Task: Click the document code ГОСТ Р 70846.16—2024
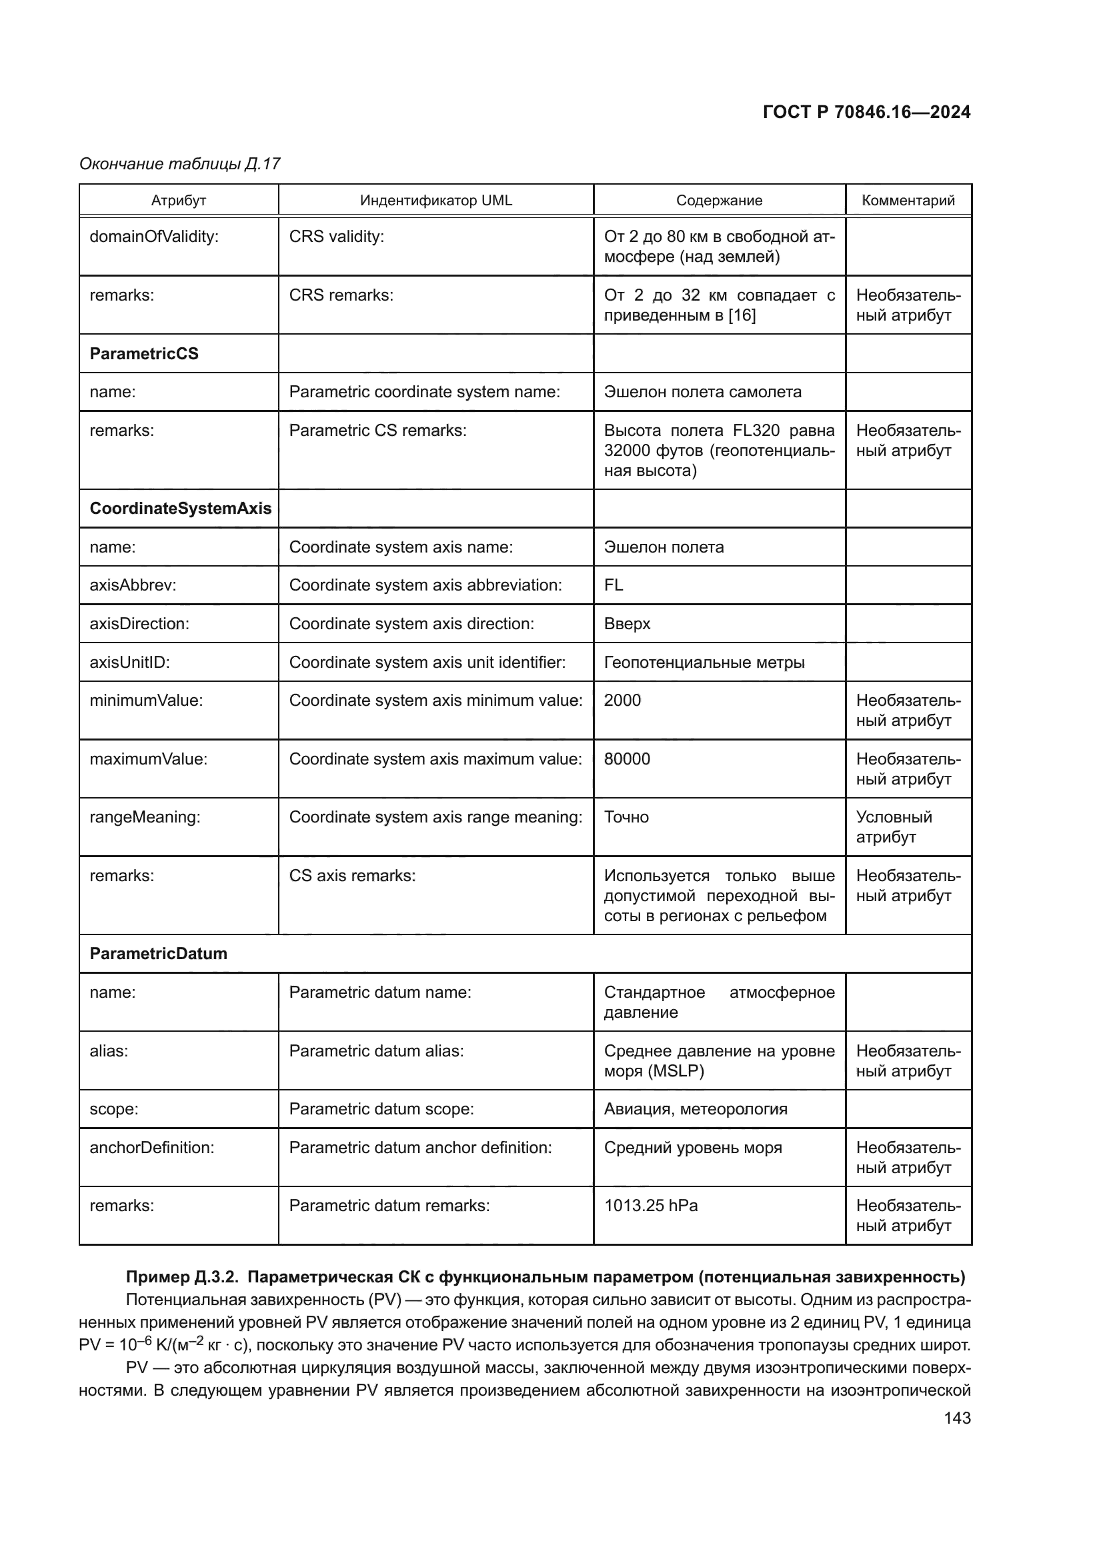(866, 112)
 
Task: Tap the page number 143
(957, 1418)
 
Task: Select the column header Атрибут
(179, 201)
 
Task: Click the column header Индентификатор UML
(436, 201)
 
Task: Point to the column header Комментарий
(908, 201)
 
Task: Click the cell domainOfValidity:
(154, 237)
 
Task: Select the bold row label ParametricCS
(144, 354)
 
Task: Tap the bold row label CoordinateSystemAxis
(180, 509)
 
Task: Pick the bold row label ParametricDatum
(158, 953)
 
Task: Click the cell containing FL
(614, 585)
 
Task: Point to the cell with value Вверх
(627, 624)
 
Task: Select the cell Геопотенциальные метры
(704, 662)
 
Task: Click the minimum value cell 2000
(622, 700)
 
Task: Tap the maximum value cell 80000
(627, 759)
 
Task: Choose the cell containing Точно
(626, 817)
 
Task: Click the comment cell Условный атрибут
(894, 826)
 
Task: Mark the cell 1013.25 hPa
(651, 1205)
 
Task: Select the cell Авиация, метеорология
(696, 1109)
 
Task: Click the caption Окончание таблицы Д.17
(180, 164)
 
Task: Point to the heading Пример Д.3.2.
(182, 1276)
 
